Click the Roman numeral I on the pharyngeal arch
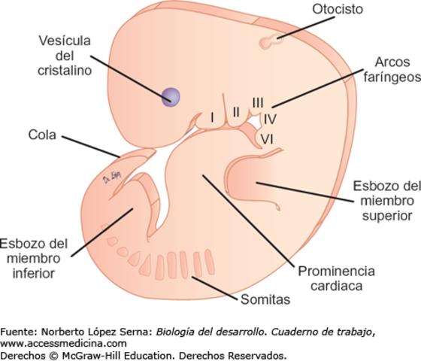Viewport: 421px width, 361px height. point(213,117)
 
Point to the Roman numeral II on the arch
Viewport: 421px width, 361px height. point(236,111)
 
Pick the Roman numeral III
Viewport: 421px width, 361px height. point(258,103)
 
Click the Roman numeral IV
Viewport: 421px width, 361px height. point(269,119)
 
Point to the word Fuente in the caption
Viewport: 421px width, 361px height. point(17,332)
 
